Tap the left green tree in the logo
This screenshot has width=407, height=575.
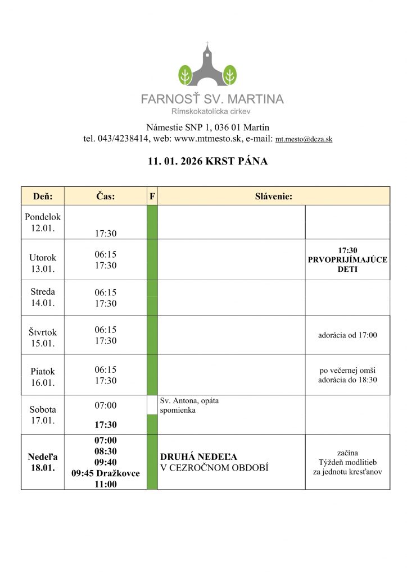185,74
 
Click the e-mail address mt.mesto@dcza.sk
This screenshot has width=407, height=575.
304,139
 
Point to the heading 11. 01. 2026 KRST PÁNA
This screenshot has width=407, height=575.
208,162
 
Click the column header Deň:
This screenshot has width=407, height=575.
43,196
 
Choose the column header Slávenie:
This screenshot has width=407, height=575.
273,196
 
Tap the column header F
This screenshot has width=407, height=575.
152,196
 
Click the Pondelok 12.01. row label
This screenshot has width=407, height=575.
43,222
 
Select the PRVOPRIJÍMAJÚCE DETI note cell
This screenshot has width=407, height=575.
347,259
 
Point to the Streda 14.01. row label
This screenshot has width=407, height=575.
43,298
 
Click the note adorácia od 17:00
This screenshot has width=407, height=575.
347,335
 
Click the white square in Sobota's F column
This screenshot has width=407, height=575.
152,405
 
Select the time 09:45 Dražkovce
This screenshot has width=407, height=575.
106,473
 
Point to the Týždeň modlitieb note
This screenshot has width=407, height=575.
347,462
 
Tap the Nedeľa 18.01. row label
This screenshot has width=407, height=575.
43,462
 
